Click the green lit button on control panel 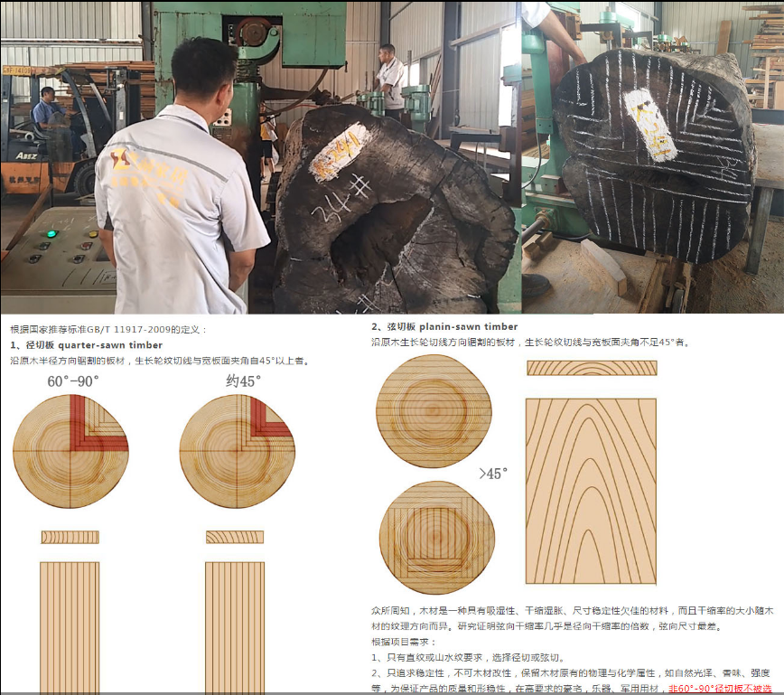coord(51,234)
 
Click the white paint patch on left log coord(339,150)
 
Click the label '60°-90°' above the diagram coord(73,380)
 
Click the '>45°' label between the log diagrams coord(493,474)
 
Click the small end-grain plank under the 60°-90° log coord(70,537)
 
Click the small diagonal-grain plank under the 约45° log coord(235,537)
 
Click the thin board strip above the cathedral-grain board coord(592,368)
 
